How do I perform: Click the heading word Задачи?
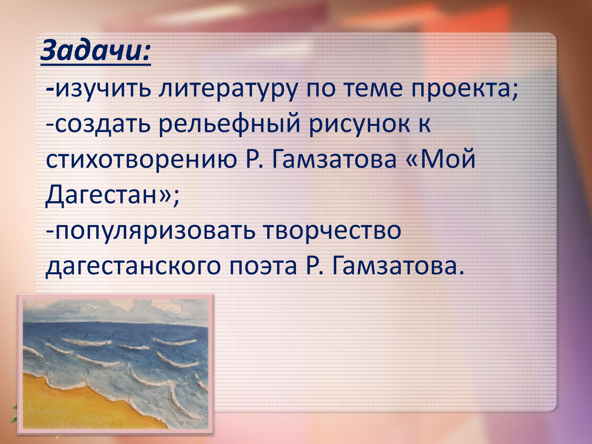(x=95, y=51)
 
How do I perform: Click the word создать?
(x=103, y=125)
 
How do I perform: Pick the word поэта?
(x=263, y=266)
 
